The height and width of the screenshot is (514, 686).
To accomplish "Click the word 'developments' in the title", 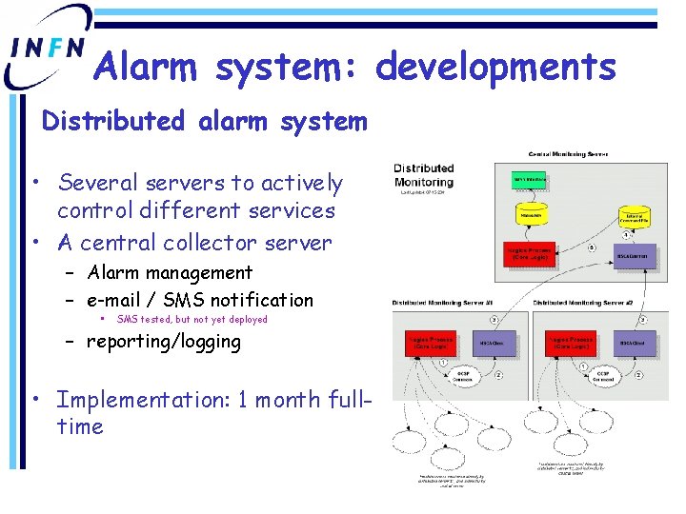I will pos(495,68).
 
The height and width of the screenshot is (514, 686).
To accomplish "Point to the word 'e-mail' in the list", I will pos(120,300).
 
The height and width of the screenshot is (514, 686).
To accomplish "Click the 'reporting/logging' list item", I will pos(164,341).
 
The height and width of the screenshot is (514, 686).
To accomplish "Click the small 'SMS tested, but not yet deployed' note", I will pos(192,320).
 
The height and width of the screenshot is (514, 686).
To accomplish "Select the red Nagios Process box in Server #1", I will pos(430,344).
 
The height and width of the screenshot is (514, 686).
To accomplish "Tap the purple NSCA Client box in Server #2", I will pos(632,343).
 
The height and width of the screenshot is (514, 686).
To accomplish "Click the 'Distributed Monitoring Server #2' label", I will pos(582,303).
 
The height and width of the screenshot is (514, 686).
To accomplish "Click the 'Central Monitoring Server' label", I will pos(569,154).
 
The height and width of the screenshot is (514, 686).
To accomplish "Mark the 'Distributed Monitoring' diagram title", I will pos(424,175).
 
